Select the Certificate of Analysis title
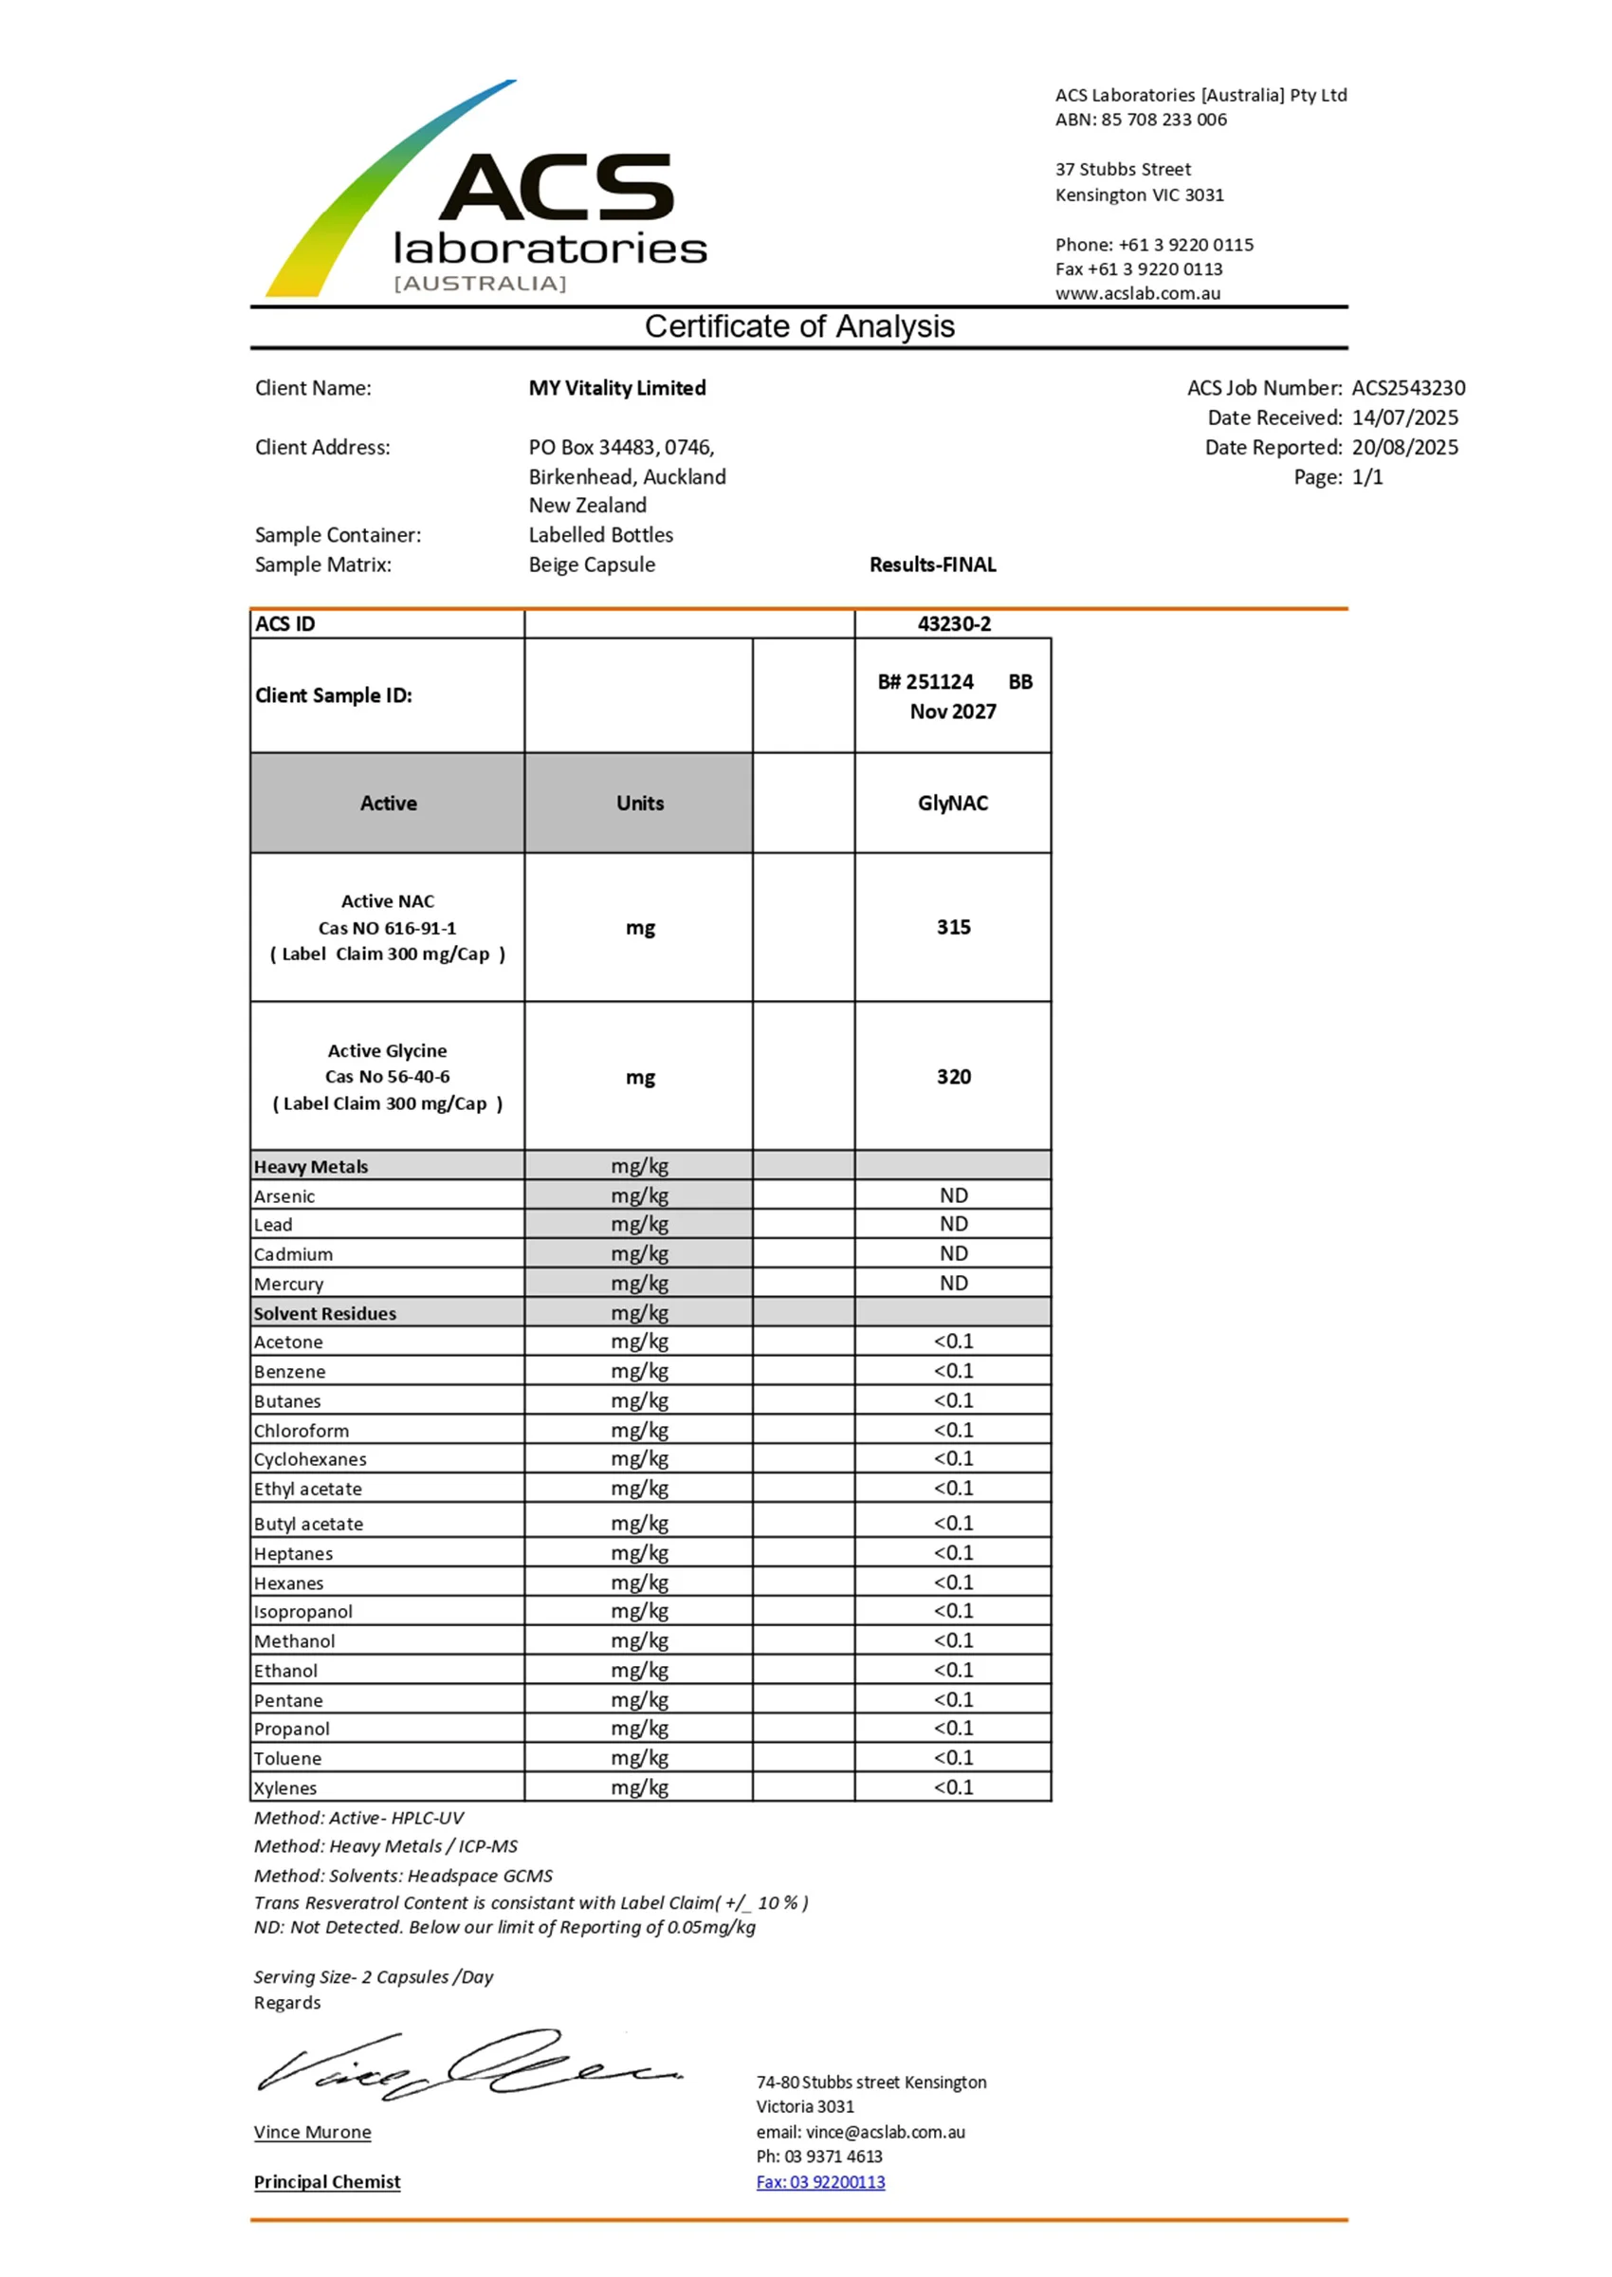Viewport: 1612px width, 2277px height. click(799, 326)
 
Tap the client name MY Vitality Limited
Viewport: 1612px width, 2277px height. click(616, 388)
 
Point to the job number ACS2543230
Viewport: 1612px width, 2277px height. click(1407, 388)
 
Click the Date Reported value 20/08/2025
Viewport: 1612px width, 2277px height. click(1404, 448)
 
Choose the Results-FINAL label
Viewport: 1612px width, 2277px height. click(932, 565)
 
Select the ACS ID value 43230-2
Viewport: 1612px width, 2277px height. click(953, 623)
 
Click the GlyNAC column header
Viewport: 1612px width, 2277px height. click(952, 804)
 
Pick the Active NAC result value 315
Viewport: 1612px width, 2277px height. click(953, 928)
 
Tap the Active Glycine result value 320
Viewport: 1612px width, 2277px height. click(953, 1078)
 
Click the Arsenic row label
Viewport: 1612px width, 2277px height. click(284, 1196)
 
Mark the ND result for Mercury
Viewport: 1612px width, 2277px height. click(953, 1283)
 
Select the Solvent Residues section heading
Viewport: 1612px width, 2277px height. click(324, 1314)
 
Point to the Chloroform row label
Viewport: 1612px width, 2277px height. click(301, 1431)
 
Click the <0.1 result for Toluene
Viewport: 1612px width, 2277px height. click(953, 1758)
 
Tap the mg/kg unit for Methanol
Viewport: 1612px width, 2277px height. click(639, 1640)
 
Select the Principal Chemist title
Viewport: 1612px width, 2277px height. click(326, 2182)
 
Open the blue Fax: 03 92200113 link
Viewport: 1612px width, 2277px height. click(820, 2182)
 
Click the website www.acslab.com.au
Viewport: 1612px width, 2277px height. click(1138, 293)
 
